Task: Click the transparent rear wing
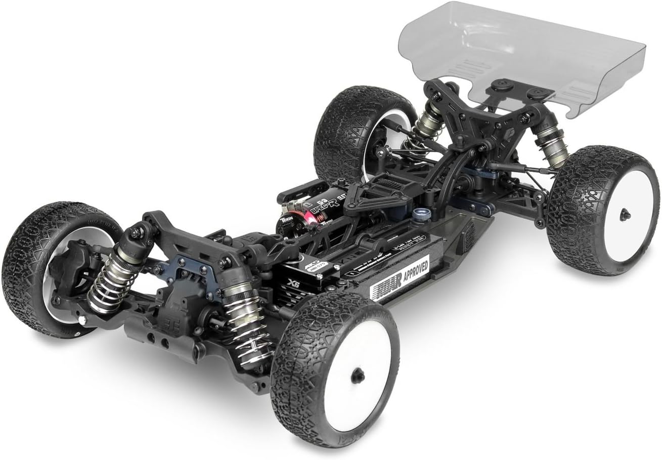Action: click(x=521, y=56)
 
